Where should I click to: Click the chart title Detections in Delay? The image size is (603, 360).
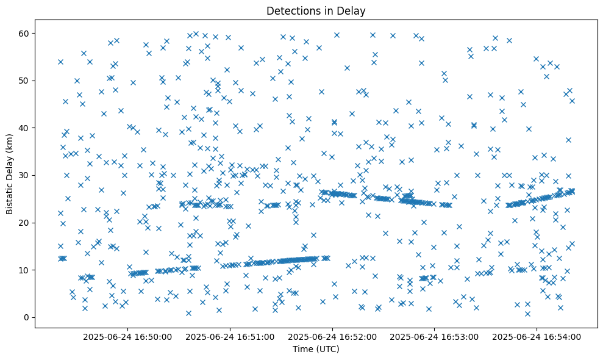pyautogui.click(x=316, y=10)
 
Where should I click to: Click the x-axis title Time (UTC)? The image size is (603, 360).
pyautogui.click(x=316, y=350)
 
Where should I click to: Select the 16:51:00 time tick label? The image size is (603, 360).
pyautogui.click(x=230, y=336)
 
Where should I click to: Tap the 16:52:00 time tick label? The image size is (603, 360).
pyautogui.click(x=333, y=336)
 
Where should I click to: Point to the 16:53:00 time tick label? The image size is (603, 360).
pyautogui.click(x=435, y=336)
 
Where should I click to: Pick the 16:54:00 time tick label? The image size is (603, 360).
pyautogui.click(x=537, y=336)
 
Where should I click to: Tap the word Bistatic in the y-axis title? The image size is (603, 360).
pyautogui.click(x=10, y=192)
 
